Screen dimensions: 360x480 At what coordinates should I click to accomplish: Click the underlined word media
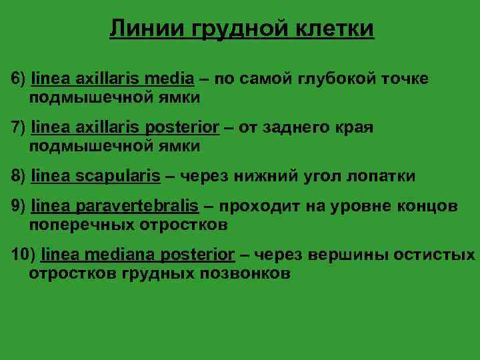point(172,79)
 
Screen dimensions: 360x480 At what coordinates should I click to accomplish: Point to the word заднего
point(305,127)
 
